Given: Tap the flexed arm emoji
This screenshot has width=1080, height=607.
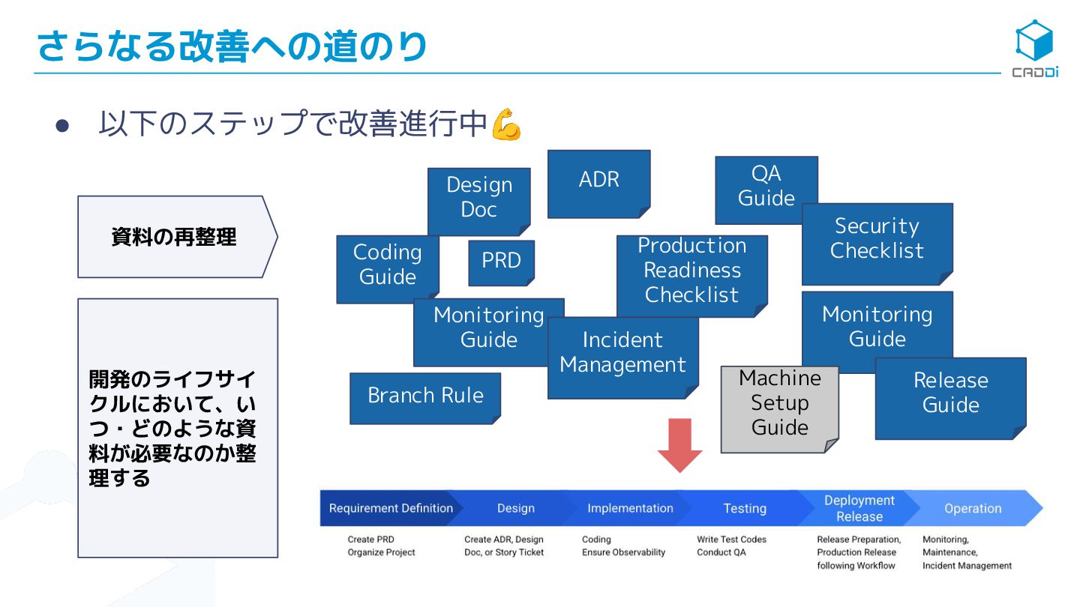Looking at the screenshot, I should [x=506, y=124].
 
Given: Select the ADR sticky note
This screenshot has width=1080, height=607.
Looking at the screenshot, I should [x=598, y=182].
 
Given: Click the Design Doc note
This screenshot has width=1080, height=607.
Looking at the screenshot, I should [x=478, y=198].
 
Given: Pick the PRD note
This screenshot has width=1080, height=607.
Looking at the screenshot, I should [x=501, y=262].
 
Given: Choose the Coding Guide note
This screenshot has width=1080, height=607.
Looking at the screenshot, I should [x=387, y=266].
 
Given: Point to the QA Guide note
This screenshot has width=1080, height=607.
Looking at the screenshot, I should [x=766, y=187].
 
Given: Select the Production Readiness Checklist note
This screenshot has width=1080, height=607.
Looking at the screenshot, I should [x=691, y=271].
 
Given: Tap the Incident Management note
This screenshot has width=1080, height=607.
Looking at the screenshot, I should [x=622, y=355].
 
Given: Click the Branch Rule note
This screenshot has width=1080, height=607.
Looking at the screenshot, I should [x=425, y=397].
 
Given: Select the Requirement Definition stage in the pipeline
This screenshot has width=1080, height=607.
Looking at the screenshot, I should [x=391, y=508].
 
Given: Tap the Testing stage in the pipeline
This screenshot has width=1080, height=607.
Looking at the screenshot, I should [x=745, y=508].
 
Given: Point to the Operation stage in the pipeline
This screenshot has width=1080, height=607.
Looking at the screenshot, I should [x=973, y=508].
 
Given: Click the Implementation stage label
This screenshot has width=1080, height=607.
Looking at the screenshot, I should [x=630, y=508].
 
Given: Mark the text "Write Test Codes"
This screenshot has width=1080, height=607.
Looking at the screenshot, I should [x=731, y=540].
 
